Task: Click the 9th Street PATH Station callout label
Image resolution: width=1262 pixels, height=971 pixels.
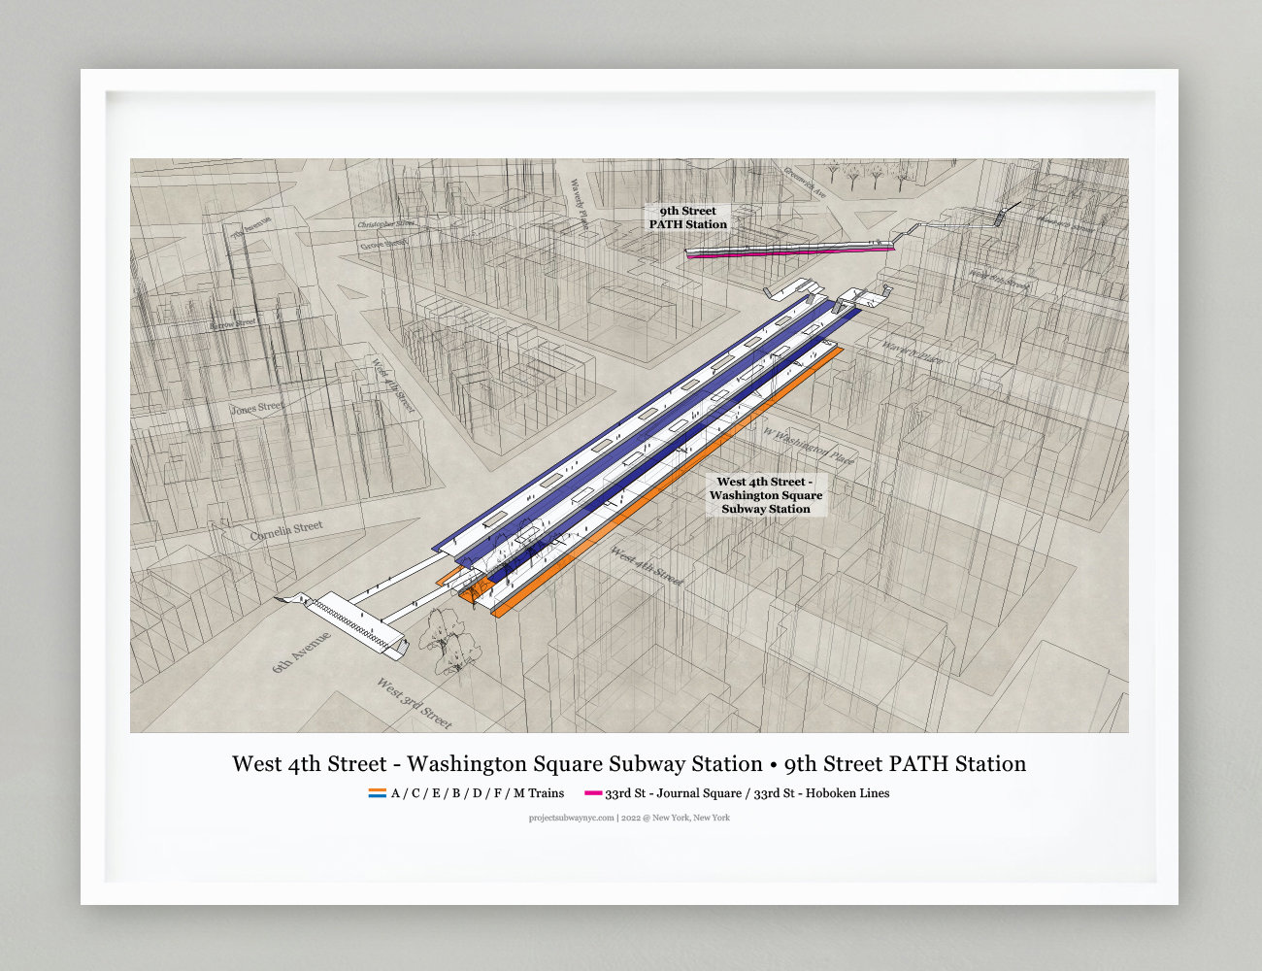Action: click(687, 218)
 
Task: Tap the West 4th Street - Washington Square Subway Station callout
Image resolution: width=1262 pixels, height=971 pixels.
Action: click(765, 495)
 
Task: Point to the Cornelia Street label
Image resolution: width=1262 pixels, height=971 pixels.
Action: click(286, 530)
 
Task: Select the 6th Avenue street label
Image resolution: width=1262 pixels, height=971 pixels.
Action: click(301, 652)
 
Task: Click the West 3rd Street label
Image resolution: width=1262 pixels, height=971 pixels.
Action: click(415, 703)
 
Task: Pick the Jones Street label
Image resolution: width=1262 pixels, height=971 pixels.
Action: click(257, 408)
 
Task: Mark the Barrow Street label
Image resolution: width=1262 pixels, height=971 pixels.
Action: click(233, 323)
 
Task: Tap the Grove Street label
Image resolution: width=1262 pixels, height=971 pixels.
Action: click(384, 244)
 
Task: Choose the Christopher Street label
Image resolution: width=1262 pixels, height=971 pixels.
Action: click(385, 224)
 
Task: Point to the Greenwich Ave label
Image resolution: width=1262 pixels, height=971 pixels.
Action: click(806, 181)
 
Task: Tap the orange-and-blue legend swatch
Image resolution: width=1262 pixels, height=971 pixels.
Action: click(377, 793)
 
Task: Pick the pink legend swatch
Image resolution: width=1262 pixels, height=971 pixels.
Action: click(592, 793)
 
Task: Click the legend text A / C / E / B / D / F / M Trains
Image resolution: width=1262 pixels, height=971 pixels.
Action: click(477, 793)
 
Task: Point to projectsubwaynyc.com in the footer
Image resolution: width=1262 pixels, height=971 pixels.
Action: click(571, 818)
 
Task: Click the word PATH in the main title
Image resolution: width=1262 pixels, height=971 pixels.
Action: click(920, 764)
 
